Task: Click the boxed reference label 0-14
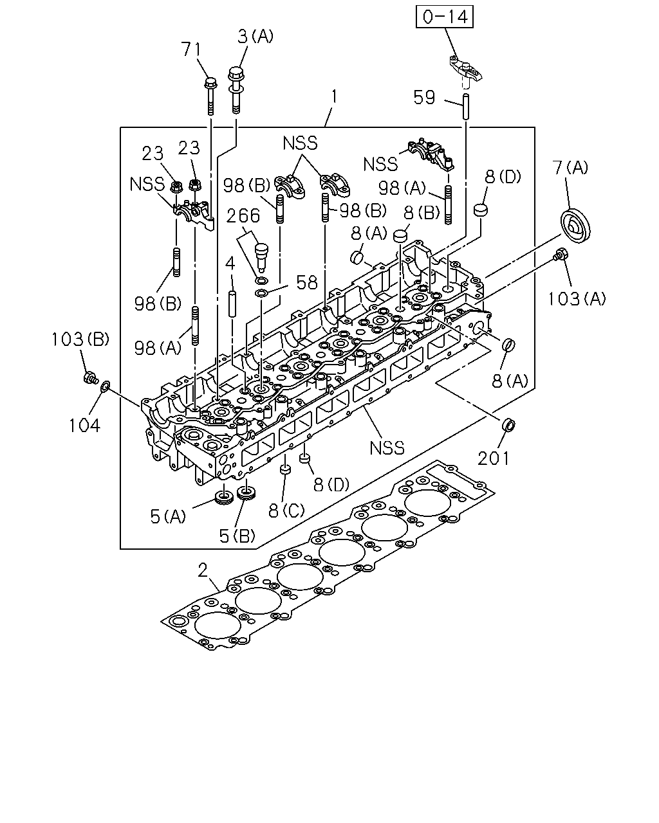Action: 445,17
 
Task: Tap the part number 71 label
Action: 190,50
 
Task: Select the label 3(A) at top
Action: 255,37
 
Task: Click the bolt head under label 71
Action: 210,83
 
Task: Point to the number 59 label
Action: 424,97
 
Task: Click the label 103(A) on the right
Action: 577,299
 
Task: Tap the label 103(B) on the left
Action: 80,339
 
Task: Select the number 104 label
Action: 84,426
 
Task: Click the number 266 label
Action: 243,216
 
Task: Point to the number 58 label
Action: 307,283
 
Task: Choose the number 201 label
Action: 493,458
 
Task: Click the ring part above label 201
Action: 508,425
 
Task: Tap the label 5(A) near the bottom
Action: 168,517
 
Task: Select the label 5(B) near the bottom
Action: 237,536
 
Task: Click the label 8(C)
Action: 286,511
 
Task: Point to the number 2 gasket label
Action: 203,570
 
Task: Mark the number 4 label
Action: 230,263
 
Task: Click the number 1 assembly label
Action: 334,96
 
